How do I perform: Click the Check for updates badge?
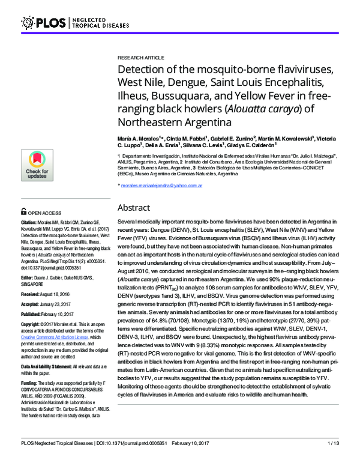(x=38, y=165)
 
